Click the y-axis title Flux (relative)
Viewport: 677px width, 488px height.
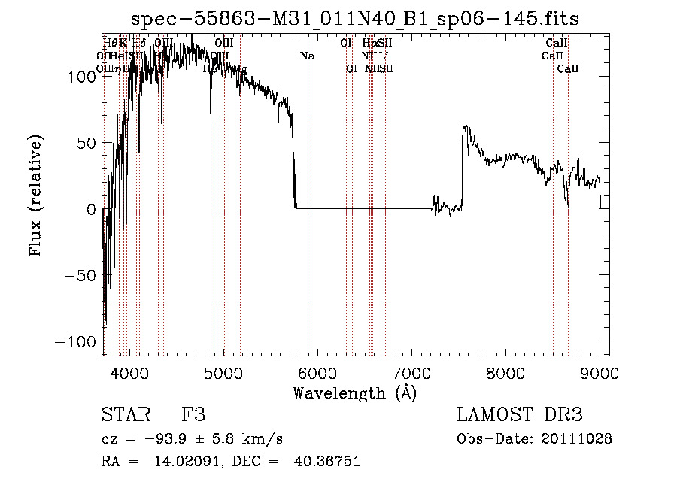pos(35,196)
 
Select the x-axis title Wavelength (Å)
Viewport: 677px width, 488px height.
pos(355,393)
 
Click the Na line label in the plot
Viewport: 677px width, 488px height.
pos(307,56)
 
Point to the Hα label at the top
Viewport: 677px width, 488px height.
pos(369,44)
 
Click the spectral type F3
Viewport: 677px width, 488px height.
pos(193,415)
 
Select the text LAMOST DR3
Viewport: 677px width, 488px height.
pos(520,415)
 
